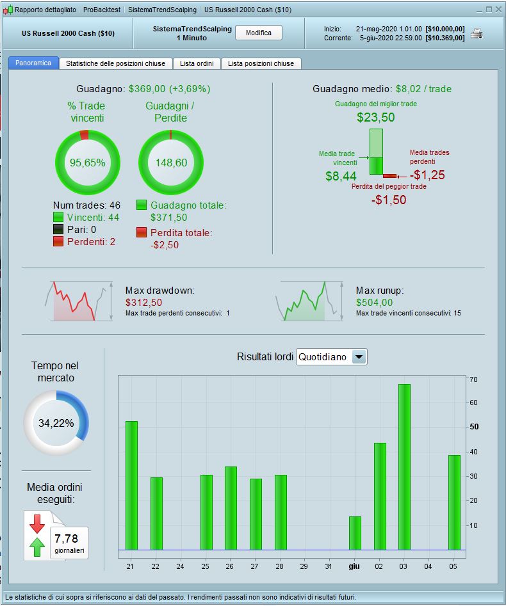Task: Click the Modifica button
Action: click(259, 33)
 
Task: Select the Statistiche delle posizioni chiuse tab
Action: click(115, 63)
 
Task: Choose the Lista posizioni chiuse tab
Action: click(261, 63)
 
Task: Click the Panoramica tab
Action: click(33, 63)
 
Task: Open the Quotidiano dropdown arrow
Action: click(359, 357)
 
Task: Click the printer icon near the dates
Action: click(477, 33)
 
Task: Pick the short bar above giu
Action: click(355, 532)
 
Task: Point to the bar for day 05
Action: click(454, 502)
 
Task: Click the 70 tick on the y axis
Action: click(473, 379)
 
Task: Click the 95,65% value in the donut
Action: click(87, 163)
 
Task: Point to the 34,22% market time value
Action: click(56, 423)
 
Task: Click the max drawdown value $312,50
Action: click(143, 302)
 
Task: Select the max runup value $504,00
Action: click(375, 302)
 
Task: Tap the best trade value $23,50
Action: click(376, 117)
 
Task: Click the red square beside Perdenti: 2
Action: click(59, 241)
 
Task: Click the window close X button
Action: click(498, 10)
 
